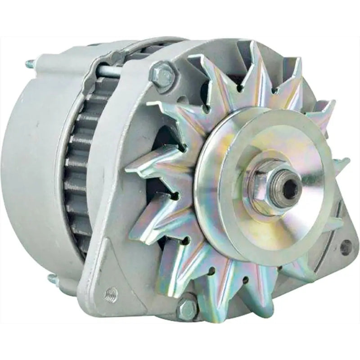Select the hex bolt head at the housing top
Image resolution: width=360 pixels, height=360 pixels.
click(162, 72)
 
